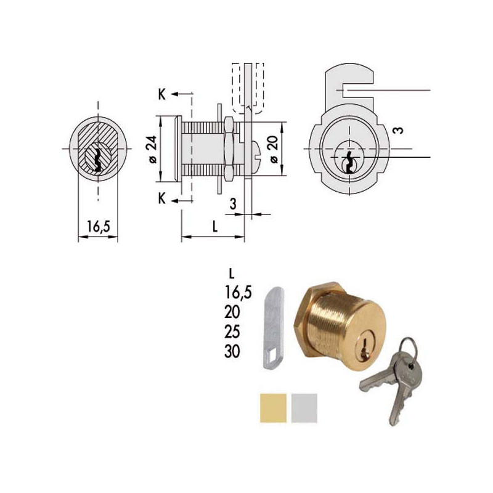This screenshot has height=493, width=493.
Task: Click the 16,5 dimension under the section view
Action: (x=97, y=227)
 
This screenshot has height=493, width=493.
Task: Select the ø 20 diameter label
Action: (x=272, y=150)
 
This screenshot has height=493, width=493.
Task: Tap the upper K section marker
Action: (x=161, y=94)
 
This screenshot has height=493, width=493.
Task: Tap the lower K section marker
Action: (x=161, y=198)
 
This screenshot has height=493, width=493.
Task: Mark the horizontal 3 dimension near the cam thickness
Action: (x=233, y=204)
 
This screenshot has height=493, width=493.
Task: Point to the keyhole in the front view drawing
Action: (x=349, y=161)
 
